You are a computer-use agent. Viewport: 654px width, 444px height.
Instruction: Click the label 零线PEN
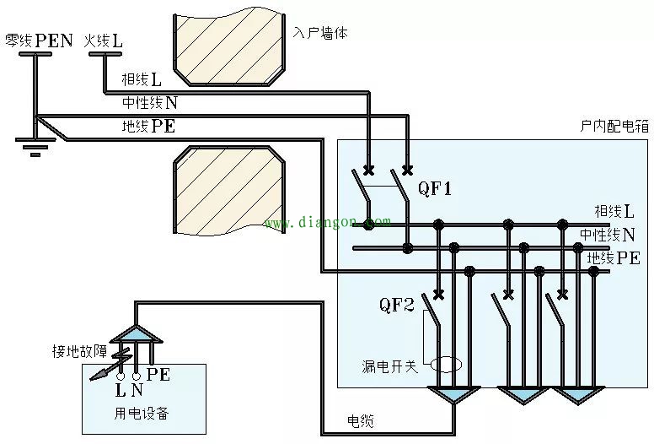(x=39, y=40)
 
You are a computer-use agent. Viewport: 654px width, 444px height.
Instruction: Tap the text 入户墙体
(x=320, y=33)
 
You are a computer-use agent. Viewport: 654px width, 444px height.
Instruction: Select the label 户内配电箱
(x=614, y=126)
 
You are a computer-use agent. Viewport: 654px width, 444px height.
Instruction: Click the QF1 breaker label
(x=436, y=189)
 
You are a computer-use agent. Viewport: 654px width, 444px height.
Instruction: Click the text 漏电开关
(x=389, y=366)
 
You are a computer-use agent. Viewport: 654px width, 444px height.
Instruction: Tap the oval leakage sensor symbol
(x=445, y=365)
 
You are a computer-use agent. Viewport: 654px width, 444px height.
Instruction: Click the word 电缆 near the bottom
(x=360, y=420)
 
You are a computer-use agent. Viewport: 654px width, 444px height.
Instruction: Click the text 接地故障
(x=78, y=350)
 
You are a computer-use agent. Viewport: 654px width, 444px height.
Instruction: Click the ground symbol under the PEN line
(x=33, y=149)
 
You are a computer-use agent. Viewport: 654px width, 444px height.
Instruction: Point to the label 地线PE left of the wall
(x=148, y=127)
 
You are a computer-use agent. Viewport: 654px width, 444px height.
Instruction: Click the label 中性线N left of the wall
(x=150, y=103)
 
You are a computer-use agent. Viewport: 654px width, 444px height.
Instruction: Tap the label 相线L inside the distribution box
(x=614, y=211)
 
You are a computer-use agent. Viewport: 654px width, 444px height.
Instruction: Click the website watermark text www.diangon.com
(x=327, y=224)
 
